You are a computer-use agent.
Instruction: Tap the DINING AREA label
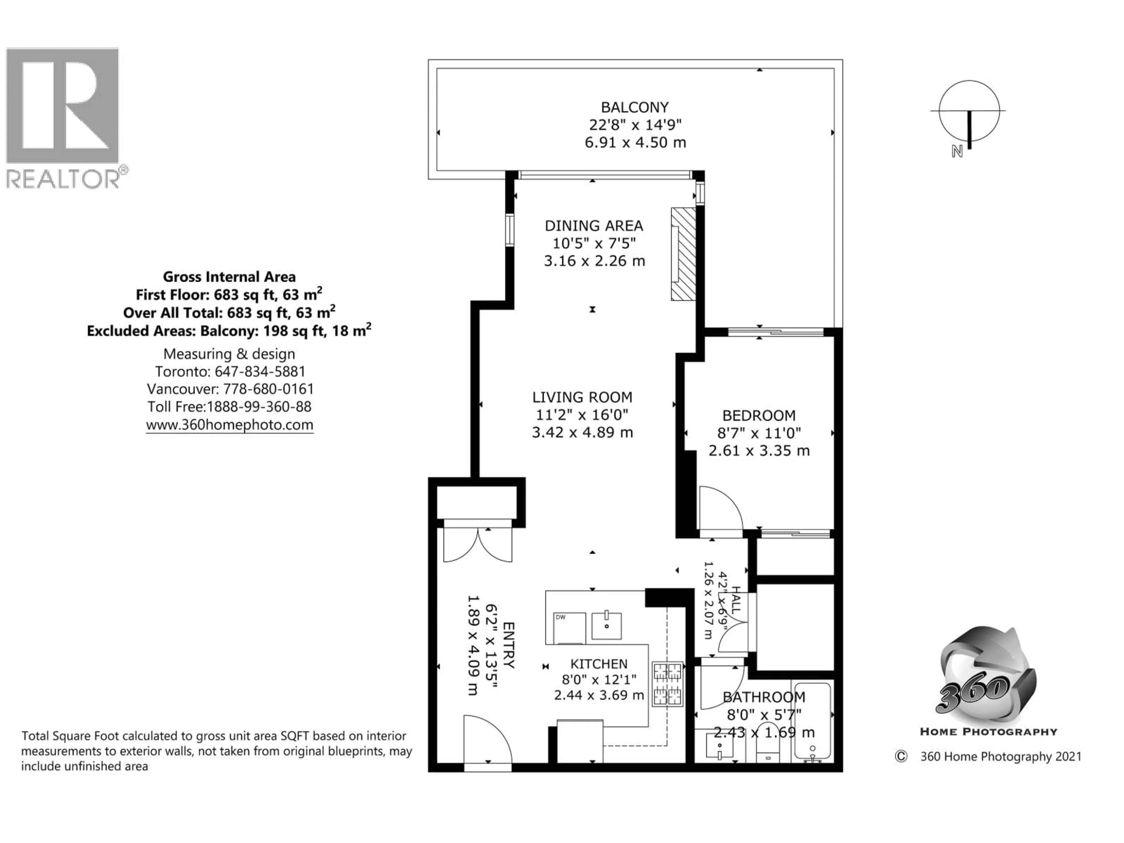pyautogui.click(x=594, y=226)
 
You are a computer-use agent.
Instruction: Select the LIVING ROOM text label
pyautogui.click(x=582, y=397)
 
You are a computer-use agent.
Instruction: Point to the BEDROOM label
pyautogui.click(x=759, y=416)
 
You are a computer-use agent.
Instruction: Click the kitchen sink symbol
pyautogui.click(x=606, y=626)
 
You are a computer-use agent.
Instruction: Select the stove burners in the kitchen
pyautogui.click(x=668, y=684)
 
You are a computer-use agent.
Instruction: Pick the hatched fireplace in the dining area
pyautogui.click(x=683, y=254)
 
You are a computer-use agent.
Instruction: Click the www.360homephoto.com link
pyautogui.click(x=230, y=425)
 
